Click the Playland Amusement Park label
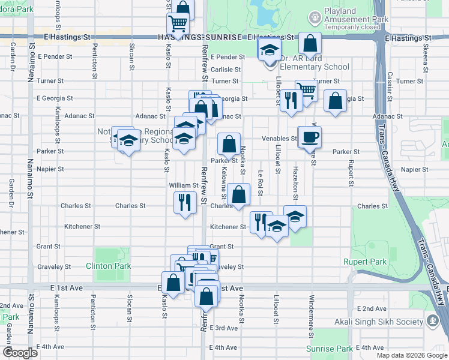tap(356, 16)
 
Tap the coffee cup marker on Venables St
tap(310, 137)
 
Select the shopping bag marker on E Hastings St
tap(310, 43)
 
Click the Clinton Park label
tap(108, 266)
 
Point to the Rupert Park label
tap(365, 262)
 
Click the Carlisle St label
tap(226, 69)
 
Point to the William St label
tap(183, 186)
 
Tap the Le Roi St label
tap(261, 179)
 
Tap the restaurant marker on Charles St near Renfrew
tap(184, 202)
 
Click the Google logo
tap(20, 353)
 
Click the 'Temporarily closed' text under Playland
tap(354, 27)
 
